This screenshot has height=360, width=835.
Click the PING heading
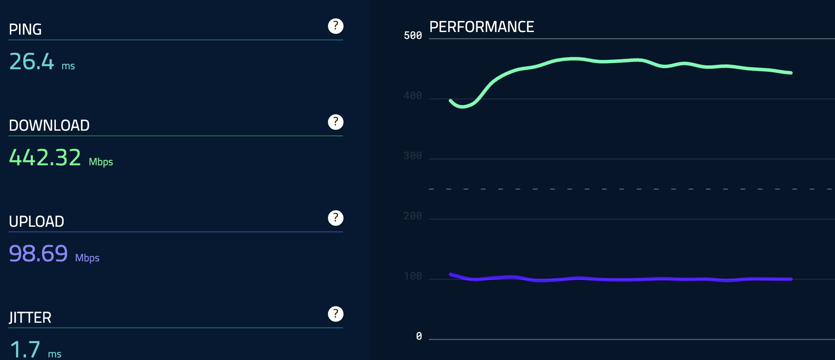click(25, 29)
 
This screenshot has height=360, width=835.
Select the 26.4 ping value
click(32, 61)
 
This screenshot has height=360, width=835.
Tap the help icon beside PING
click(336, 26)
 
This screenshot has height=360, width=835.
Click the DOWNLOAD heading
click(49, 125)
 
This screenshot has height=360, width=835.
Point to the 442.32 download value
click(45, 157)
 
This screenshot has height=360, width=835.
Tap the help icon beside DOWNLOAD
click(336, 122)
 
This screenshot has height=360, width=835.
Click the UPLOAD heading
click(36, 222)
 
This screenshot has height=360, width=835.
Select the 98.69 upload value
click(39, 254)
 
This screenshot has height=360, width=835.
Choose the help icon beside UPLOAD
click(336, 218)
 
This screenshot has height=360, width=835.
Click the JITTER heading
click(30, 318)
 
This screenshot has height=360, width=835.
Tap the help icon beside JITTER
click(336, 314)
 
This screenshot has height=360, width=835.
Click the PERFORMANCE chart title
click(482, 27)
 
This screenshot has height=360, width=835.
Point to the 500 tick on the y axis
click(413, 35)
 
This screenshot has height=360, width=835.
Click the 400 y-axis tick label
click(413, 96)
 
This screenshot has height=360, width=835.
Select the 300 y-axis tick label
click(413, 156)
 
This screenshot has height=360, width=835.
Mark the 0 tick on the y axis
click(419, 336)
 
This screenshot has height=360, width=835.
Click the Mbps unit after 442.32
click(101, 162)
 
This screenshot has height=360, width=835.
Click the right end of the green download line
click(791, 73)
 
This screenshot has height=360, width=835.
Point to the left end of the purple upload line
click(451, 274)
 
